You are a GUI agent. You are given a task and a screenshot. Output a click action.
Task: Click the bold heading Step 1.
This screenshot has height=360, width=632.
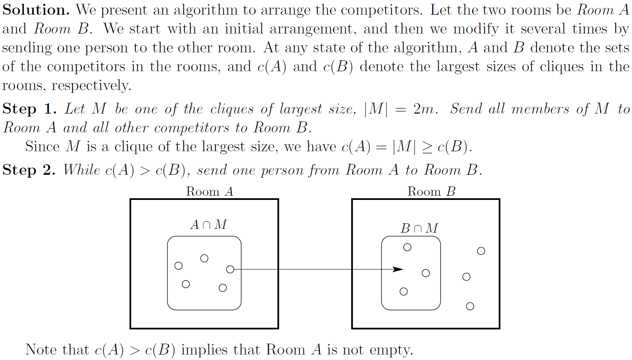29,109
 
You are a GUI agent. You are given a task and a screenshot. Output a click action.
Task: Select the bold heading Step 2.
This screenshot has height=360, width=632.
29,170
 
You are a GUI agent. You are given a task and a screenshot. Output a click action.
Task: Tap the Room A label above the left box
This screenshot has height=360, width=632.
209,192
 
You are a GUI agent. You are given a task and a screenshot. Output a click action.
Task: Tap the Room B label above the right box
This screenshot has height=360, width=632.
431,192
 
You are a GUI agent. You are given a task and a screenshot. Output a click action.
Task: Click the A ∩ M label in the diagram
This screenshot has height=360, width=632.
208,225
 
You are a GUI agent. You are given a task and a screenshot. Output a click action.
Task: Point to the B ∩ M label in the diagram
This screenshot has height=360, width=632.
419,228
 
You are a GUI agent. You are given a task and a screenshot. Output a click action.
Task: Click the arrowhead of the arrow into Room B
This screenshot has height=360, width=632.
398,269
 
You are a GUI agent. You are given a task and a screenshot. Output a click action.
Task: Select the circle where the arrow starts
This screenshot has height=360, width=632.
230,269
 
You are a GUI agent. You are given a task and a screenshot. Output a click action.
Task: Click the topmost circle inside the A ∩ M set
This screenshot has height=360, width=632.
205,258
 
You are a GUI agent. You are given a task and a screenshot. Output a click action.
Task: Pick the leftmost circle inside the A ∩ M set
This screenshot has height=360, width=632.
179,266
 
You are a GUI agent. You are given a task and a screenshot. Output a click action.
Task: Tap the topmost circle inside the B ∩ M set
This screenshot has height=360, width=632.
407,247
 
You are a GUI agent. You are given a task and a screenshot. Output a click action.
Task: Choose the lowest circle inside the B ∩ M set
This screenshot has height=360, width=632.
404,292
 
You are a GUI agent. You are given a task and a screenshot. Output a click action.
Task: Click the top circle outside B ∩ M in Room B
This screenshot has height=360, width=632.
481,251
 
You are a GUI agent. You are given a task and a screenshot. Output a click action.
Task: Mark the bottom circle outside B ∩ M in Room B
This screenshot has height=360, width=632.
470,306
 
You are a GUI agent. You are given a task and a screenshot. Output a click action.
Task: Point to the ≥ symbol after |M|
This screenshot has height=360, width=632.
427,147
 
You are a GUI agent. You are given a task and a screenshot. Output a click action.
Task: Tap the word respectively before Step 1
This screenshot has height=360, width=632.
91,86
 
